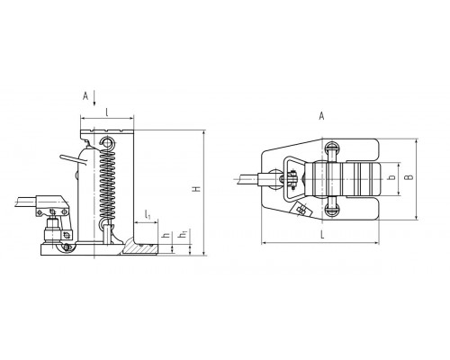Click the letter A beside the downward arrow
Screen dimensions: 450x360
pos(85,96)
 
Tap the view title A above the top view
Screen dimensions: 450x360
pos(321,116)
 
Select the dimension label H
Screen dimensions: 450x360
pos(196,189)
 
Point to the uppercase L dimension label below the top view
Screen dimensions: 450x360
pos(322,235)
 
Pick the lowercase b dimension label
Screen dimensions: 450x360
pos(391,178)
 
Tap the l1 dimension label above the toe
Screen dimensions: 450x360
pos(148,215)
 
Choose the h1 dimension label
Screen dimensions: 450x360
pos(183,234)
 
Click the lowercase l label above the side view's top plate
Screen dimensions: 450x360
pos(107,112)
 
